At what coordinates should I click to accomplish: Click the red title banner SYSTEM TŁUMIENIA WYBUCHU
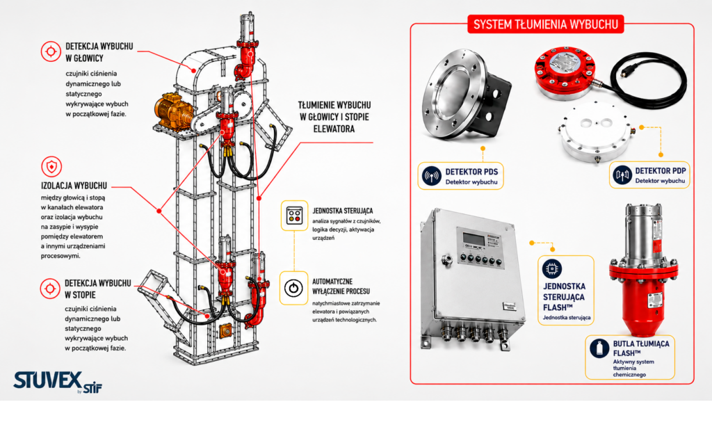click(x=545, y=24)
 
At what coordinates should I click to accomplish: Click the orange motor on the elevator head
click(x=173, y=111)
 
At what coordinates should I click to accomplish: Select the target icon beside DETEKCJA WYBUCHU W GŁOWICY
click(x=51, y=51)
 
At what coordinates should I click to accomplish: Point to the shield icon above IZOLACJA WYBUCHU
click(x=51, y=167)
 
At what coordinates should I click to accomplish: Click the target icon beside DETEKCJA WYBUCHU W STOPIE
click(x=50, y=289)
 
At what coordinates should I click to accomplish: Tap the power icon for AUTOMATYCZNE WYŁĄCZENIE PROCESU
click(x=293, y=288)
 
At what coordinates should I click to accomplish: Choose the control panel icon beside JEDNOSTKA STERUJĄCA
click(x=294, y=216)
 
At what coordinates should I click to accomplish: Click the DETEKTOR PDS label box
click(x=460, y=176)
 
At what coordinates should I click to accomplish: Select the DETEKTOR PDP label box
click(x=649, y=175)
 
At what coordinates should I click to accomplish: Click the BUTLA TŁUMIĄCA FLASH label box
click(x=630, y=357)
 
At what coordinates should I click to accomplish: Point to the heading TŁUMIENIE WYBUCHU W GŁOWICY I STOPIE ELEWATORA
click(x=334, y=118)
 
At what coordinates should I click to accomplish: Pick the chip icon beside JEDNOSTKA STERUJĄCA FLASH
click(x=551, y=269)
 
